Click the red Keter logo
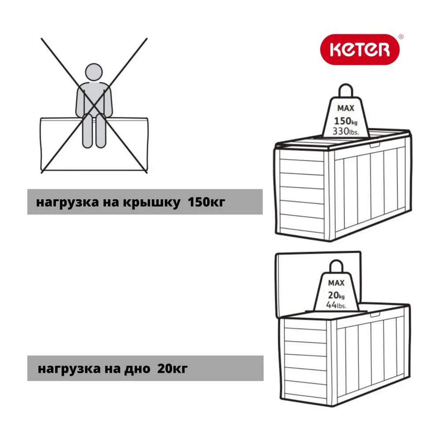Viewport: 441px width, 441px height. tap(360, 49)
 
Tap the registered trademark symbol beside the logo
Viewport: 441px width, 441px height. tap(401, 37)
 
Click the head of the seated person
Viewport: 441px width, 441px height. tap(93, 72)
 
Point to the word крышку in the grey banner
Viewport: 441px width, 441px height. tap(152, 202)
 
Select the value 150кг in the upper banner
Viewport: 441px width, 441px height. tap(206, 202)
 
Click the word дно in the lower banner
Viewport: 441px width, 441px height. tap(137, 369)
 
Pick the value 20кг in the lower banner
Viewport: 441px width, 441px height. tap(172, 368)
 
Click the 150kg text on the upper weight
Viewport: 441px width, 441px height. tap(345, 121)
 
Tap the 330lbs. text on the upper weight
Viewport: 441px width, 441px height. tap(346, 131)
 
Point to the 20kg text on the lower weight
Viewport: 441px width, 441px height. tap(336, 295)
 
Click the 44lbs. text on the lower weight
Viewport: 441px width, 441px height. tap(336, 305)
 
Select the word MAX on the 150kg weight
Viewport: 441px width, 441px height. tap(346, 108)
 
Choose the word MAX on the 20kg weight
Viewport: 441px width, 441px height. tap(336, 283)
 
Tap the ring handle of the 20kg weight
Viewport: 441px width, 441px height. tap(336, 261)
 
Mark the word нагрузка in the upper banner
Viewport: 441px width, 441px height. tap(67, 202)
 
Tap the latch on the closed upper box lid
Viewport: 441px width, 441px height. tap(374, 145)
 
